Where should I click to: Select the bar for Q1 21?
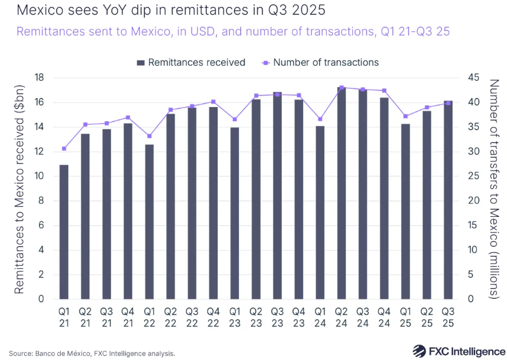tap(64, 232)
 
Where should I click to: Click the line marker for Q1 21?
tap(64, 149)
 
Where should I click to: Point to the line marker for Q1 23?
tap(234, 119)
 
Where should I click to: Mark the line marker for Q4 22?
tap(213, 101)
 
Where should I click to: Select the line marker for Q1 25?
tap(406, 116)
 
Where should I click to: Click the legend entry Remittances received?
tap(191, 62)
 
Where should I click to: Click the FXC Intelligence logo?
tap(459, 350)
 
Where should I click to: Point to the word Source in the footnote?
tap(21, 353)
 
